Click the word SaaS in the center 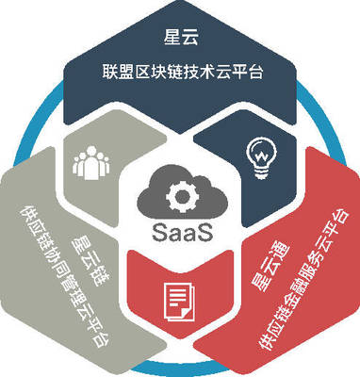point(179,231)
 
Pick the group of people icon point(93,161)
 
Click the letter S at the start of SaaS point(154,231)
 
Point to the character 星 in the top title point(169,39)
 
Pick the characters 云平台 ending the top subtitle point(237,74)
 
